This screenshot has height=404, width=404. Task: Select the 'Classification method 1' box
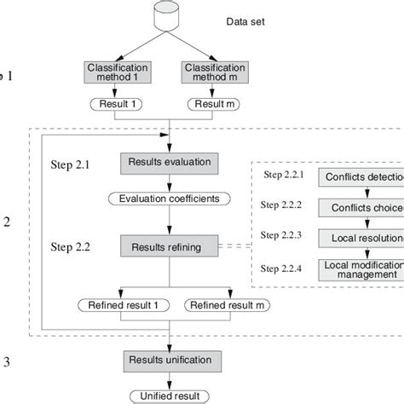click(x=118, y=72)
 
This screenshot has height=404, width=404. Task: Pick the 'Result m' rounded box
click(x=214, y=105)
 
